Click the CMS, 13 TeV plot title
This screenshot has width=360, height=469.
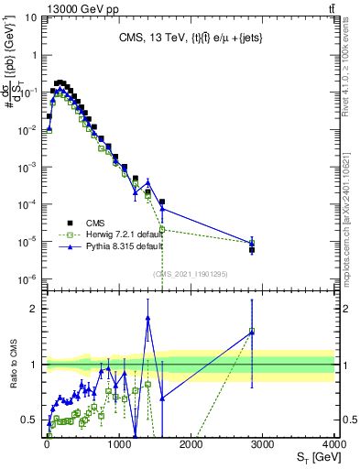(x=189, y=38)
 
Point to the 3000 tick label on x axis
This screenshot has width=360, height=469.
(x=263, y=443)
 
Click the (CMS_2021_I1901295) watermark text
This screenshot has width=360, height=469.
(x=190, y=273)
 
